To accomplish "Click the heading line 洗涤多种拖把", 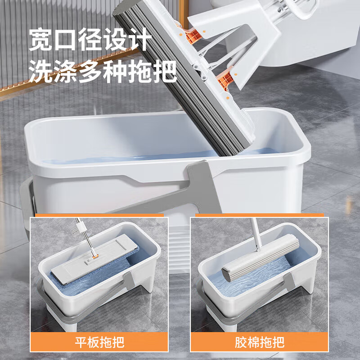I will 103,72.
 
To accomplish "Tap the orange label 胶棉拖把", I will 260,342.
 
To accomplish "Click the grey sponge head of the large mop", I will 180,81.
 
